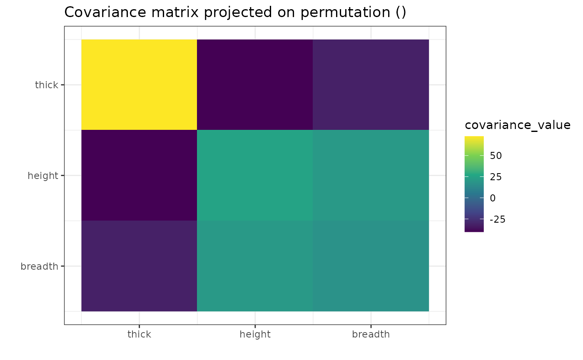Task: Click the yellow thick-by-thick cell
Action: click(139, 84)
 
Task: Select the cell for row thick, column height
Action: click(255, 84)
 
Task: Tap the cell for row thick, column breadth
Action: click(371, 84)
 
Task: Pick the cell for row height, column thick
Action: click(139, 175)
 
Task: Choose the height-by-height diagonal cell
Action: click(255, 175)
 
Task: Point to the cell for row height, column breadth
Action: click(371, 175)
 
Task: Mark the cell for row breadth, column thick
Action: click(139, 266)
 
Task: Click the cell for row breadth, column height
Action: click(255, 266)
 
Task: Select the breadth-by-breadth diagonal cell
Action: click(371, 266)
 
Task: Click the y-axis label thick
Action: click(47, 85)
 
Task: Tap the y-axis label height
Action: click(43, 176)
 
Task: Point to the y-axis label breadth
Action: click(39, 266)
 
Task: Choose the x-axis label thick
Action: click(139, 334)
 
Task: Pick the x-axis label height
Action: click(255, 335)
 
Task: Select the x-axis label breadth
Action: click(371, 334)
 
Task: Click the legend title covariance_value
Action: click(518, 125)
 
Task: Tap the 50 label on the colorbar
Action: click(496, 156)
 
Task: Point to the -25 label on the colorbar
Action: click(498, 220)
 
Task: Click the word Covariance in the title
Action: click(105, 12)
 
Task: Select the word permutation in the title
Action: click(345, 13)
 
